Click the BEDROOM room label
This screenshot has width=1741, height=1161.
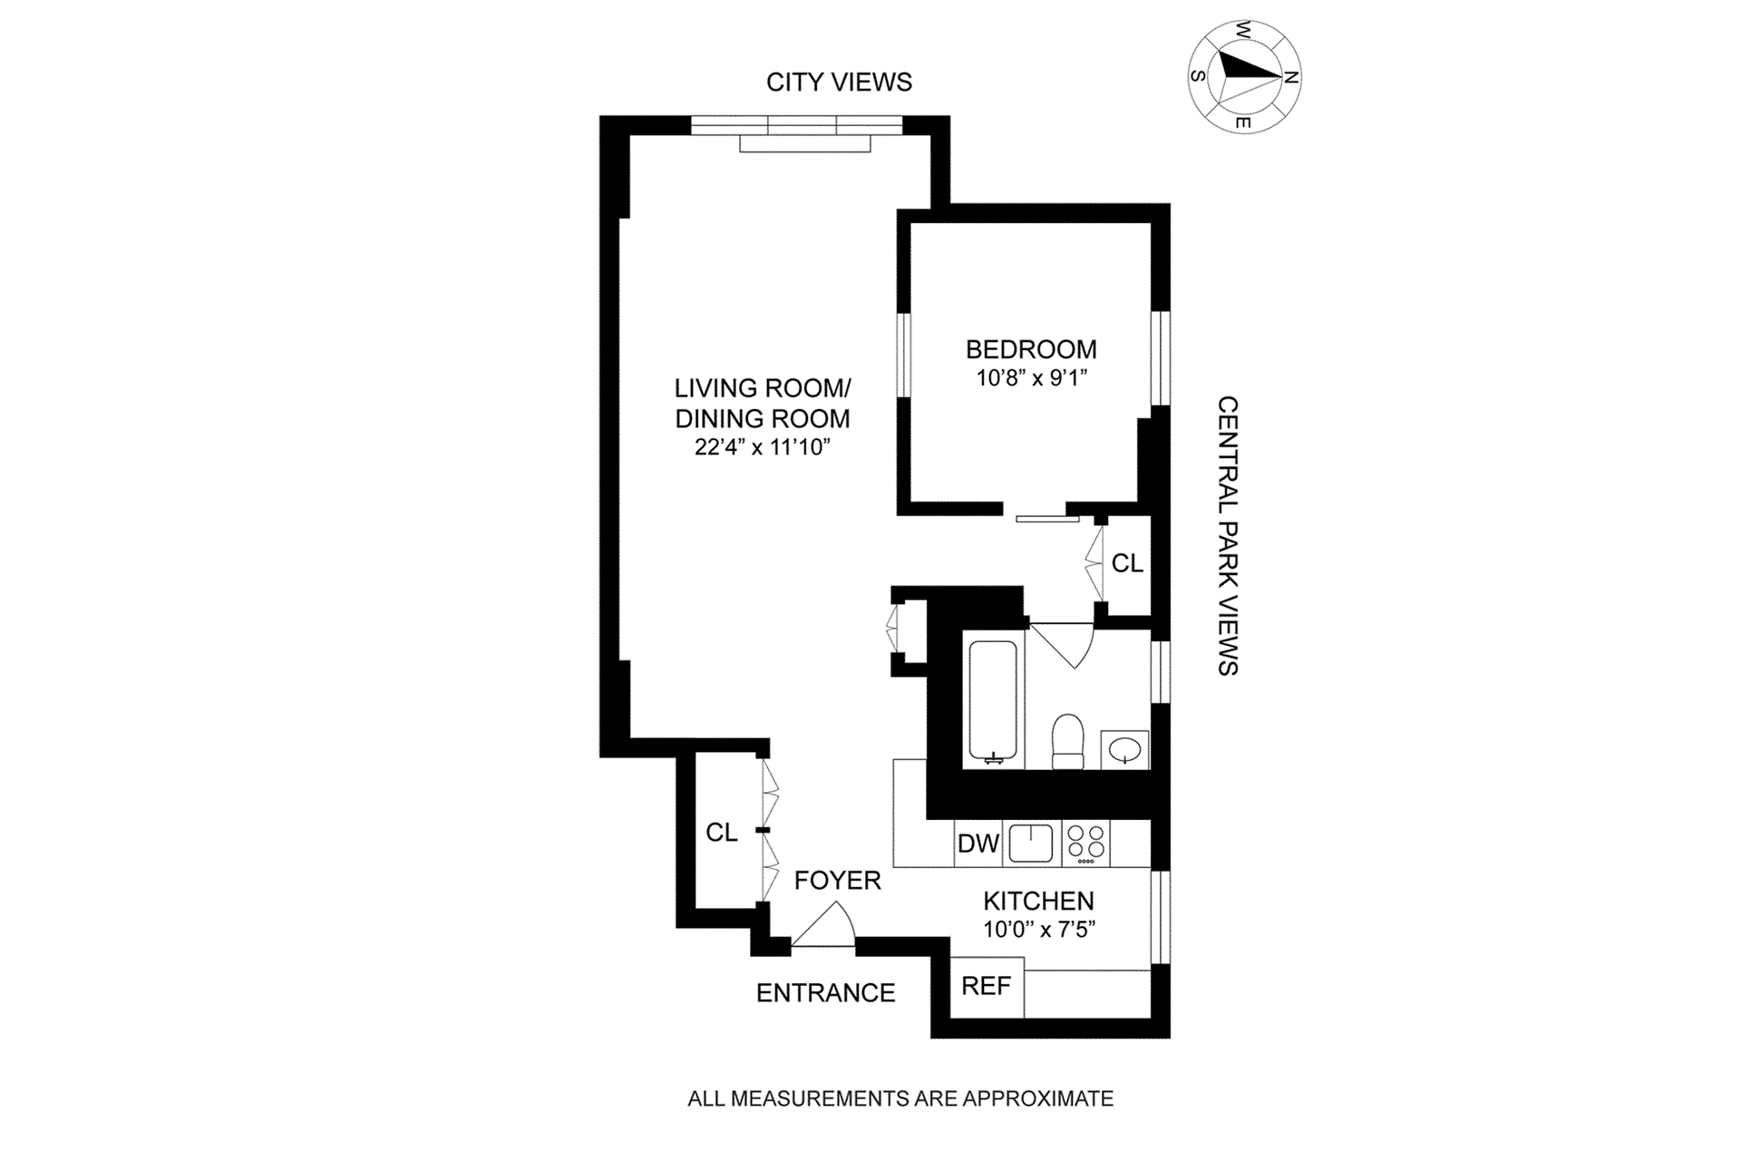click(1031, 349)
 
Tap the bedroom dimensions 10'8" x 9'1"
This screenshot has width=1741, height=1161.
click(1031, 377)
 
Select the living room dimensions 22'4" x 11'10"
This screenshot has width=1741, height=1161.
click(763, 446)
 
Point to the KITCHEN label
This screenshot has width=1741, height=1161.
click(1038, 901)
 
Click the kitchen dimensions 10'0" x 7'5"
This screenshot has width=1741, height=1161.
click(1039, 929)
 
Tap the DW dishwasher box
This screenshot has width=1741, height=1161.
click(978, 844)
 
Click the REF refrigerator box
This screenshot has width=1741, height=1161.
click(986, 986)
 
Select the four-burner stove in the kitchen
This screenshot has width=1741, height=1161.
click(1085, 843)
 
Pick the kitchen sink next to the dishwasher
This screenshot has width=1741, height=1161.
click(1031, 843)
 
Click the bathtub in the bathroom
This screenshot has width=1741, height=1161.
click(993, 701)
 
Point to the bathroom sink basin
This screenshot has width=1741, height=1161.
click(1124, 750)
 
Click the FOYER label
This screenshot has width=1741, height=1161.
click(837, 880)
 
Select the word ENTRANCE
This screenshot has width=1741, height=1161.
click(825, 992)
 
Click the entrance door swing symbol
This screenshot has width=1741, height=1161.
click(825, 926)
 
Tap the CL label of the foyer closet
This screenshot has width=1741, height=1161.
click(722, 832)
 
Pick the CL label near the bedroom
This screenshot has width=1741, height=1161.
click(1127, 563)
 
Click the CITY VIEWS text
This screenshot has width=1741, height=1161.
click(839, 82)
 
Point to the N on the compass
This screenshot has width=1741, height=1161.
click(1292, 77)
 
